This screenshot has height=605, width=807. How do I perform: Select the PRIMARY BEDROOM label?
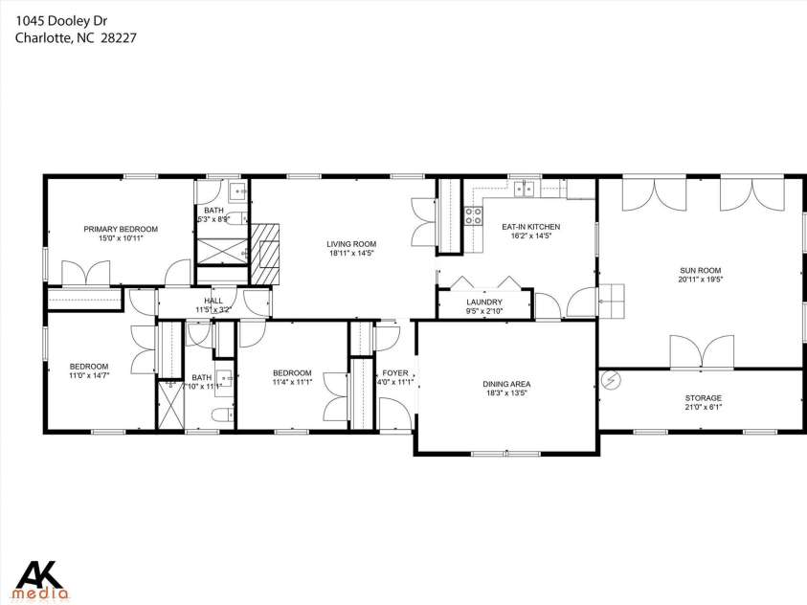[x=121, y=229]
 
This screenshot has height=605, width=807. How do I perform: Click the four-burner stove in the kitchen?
[x=472, y=216]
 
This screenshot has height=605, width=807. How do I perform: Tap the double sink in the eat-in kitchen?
[x=524, y=190]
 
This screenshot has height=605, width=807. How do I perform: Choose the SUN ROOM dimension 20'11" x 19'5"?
[x=701, y=280]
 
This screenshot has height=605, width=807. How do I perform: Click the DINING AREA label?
[x=506, y=384]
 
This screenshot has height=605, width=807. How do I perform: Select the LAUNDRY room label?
[x=483, y=302]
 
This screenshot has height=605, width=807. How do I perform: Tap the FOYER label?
[x=395, y=372]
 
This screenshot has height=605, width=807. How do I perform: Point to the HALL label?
[x=213, y=301]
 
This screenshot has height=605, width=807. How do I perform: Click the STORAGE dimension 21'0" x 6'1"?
[x=703, y=408]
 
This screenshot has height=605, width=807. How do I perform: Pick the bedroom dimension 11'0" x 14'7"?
[x=88, y=376]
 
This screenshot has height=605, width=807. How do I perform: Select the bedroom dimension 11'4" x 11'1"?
[x=292, y=383]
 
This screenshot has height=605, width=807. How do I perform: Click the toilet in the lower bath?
[x=220, y=415]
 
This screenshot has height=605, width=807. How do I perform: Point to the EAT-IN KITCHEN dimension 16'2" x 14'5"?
[x=530, y=236]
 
